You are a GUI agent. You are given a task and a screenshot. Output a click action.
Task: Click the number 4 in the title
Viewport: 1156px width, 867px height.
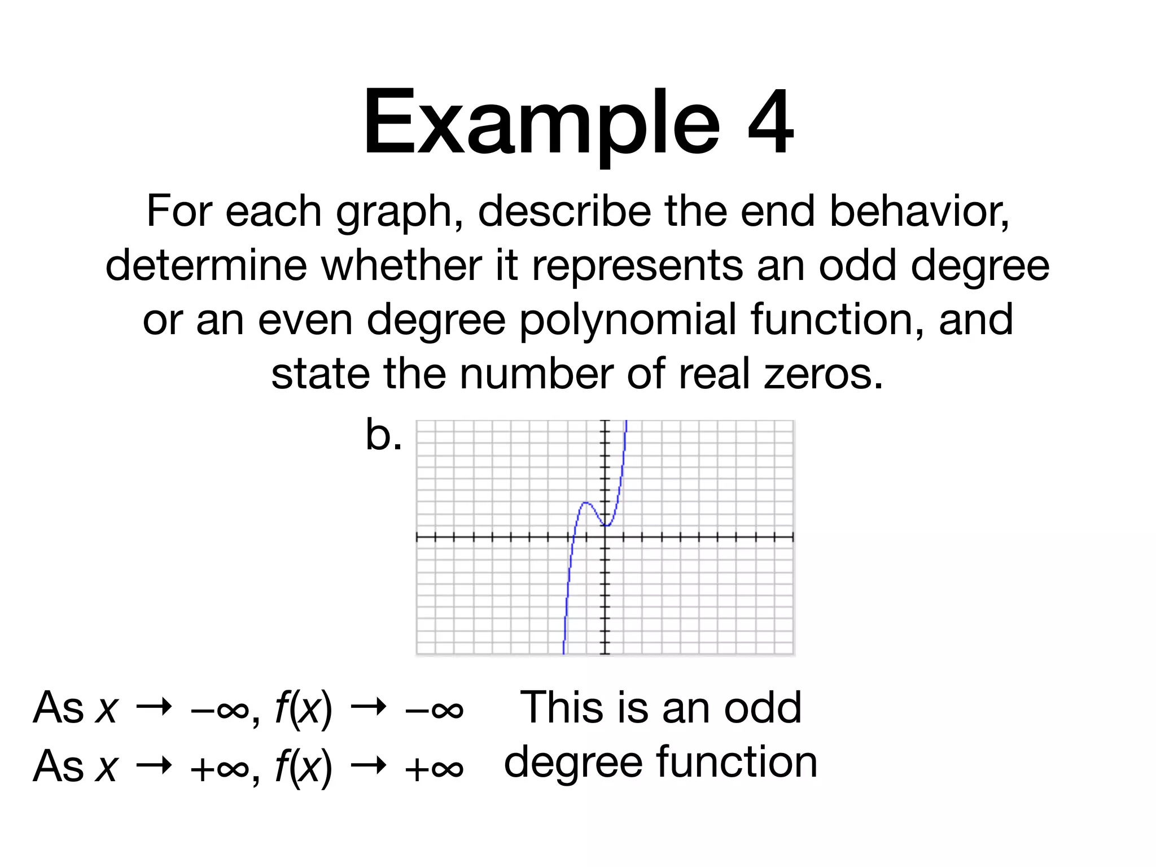pyautogui.click(x=770, y=122)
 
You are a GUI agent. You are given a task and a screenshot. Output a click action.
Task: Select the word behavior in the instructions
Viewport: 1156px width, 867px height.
pyautogui.click(x=919, y=212)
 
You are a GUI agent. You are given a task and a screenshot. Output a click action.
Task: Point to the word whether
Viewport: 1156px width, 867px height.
pyautogui.click(x=401, y=265)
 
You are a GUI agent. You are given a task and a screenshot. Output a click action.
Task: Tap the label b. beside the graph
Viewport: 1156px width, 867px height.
pyautogui.click(x=383, y=435)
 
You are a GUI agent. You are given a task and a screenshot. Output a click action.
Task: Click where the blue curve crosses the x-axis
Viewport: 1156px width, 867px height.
pyautogui.click(x=572, y=537)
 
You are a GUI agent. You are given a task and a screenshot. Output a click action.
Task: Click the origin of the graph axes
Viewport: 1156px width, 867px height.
pyautogui.click(x=605, y=537)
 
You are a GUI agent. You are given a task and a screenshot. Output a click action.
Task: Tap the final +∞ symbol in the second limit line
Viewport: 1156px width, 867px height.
pyautogui.click(x=434, y=768)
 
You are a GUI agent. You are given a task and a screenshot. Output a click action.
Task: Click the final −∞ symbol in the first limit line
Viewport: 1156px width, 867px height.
pyautogui.click(x=434, y=709)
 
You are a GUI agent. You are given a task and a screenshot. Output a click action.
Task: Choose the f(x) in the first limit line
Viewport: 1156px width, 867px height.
pyautogui.click(x=304, y=708)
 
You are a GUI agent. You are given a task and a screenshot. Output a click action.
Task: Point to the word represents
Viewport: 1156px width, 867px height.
pyautogui.click(x=637, y=265)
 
